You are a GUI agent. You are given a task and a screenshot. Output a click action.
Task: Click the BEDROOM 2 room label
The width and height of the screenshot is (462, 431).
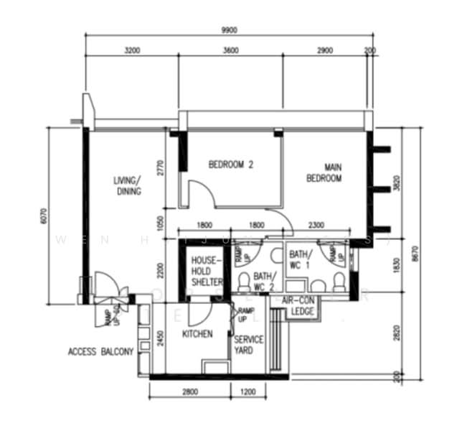point(231,164)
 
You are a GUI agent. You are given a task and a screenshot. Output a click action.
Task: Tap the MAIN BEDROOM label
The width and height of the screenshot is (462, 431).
point(324,172)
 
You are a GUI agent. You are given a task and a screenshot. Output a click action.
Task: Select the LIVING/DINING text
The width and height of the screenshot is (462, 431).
point(128,186)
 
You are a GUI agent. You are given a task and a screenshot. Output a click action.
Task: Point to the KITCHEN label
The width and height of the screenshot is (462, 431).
point(197,334)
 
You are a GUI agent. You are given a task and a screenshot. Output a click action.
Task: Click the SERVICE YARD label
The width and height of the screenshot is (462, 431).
point(249,346)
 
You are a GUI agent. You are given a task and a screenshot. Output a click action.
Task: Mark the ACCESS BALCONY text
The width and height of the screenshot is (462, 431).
point(101,352)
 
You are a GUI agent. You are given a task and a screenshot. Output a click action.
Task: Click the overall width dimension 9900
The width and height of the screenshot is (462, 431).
point(230,29)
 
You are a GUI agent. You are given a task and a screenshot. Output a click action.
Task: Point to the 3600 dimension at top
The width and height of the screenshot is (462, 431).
point(230,50)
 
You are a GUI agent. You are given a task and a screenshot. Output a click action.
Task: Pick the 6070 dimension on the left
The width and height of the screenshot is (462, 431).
point(44,216)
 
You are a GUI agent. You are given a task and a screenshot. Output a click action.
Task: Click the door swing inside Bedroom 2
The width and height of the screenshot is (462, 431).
point(197,193)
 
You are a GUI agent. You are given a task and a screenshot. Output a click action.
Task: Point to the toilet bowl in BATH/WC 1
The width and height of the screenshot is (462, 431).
point(338,279)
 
